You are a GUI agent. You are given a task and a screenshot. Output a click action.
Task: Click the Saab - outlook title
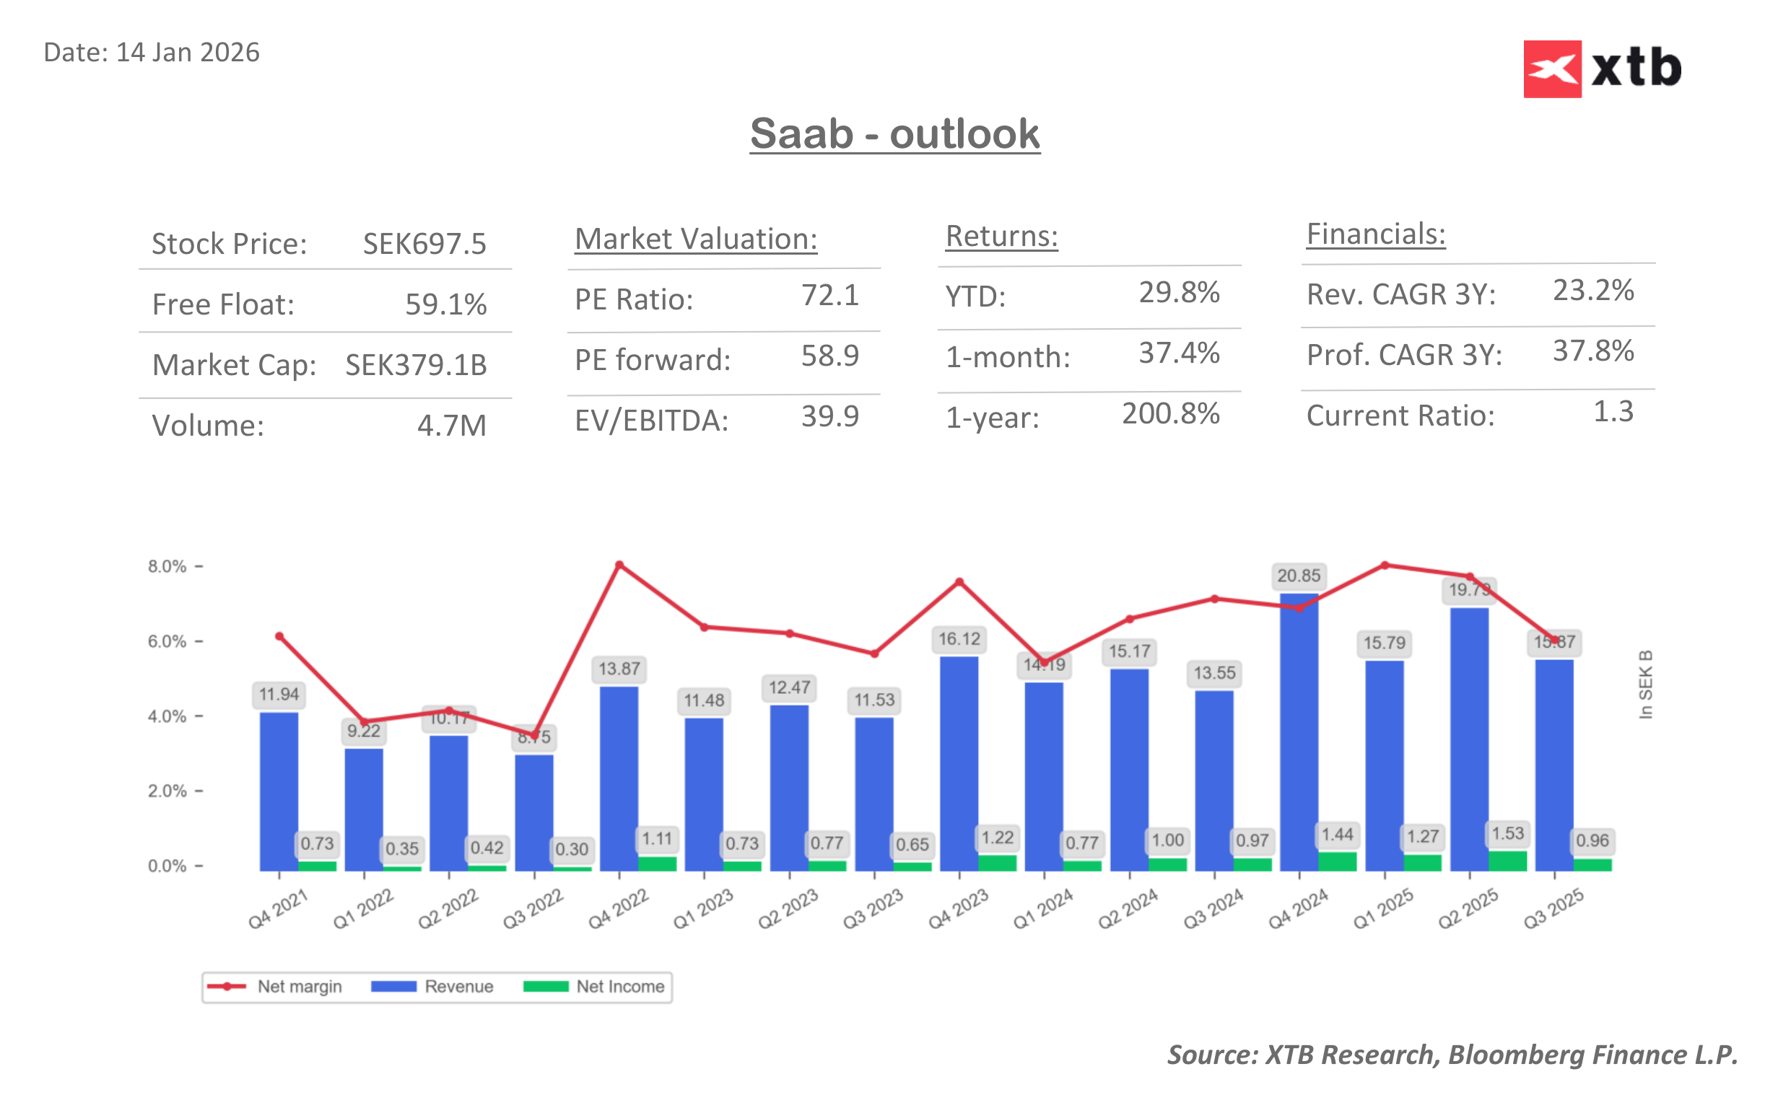point(894,134)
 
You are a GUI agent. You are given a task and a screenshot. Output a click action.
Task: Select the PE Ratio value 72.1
point(829,295)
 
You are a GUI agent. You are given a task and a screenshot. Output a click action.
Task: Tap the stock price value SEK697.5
point(424,244)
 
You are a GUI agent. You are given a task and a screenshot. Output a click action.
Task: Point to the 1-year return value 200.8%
point(1170,414)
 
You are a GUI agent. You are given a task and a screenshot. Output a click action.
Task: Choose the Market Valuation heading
point(695,239)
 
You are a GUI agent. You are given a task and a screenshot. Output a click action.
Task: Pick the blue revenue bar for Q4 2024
point(1299,733)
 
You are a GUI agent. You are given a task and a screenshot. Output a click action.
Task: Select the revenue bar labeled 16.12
point(958,762)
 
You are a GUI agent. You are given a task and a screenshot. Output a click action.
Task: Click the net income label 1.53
point(1507,834)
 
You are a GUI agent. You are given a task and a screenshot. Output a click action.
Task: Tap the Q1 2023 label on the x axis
point(703,910)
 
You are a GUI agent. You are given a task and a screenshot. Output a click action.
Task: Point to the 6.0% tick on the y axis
point(167,642)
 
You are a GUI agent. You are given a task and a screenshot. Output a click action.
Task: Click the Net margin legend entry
point(275,986)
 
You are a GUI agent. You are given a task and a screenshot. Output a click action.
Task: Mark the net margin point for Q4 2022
point(619,565)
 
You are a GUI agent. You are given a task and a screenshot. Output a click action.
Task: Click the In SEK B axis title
point(1645,685)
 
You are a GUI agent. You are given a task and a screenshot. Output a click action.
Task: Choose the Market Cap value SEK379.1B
point(416,365)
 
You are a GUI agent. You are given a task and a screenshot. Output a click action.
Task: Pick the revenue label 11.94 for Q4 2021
point(279,694)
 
